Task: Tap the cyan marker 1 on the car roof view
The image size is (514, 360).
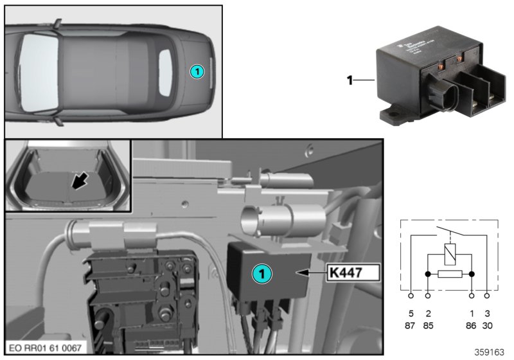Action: click(x=197, y=71)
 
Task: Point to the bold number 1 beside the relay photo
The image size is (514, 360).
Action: click(x=350, y=80)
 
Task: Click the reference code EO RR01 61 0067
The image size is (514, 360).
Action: click(x=44, y=347)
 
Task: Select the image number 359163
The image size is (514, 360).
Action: click(x=491, y=352)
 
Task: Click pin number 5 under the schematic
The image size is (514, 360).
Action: click(x=411, y=314)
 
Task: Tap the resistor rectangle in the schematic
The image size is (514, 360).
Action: click(x=450, y=274)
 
